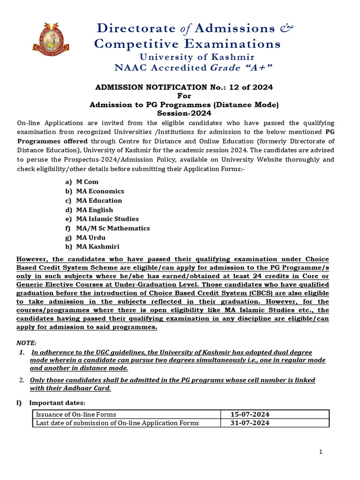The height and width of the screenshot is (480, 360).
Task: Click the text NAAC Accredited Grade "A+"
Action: tap(194, 68)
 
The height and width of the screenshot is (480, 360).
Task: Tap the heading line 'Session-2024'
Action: tap(184, 113)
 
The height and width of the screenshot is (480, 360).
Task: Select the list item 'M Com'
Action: tap(87, 182)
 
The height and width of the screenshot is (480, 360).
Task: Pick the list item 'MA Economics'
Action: tap(100, 191)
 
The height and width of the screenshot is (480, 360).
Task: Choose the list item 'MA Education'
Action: tap(99, 201)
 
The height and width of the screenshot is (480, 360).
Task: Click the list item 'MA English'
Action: tap(94, 210)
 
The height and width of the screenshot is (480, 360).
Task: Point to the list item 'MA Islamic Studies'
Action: tap(107, 219)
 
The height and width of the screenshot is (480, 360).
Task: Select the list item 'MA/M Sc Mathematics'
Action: tap(112, 228)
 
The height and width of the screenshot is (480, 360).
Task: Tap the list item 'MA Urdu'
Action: tap(90, 238)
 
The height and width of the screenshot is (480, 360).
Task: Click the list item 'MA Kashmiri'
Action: tap(97, 247)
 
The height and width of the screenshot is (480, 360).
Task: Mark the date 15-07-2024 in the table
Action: tap(250, 414)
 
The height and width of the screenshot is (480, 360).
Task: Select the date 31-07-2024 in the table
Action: tap(250, 423)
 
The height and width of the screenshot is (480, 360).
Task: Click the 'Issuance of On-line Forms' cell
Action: tap(76, 414)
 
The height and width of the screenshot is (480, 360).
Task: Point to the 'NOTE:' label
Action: tap(26, 343)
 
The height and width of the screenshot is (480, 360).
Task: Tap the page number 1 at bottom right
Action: tap(321, 452)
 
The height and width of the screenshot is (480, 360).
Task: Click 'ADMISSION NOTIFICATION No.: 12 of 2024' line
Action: tap(184, 87)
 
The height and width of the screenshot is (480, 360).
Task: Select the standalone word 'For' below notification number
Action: tap(184, 96)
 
